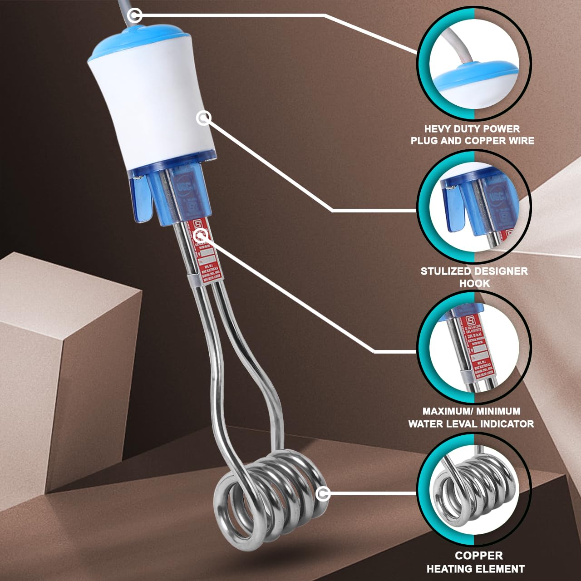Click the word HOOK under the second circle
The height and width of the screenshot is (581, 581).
474,283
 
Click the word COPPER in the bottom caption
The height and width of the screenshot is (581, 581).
479,556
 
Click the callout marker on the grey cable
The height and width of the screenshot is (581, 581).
134,16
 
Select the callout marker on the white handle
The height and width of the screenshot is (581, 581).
204,118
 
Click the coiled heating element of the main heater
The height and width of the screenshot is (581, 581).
268,495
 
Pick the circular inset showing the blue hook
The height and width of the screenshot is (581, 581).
474,207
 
